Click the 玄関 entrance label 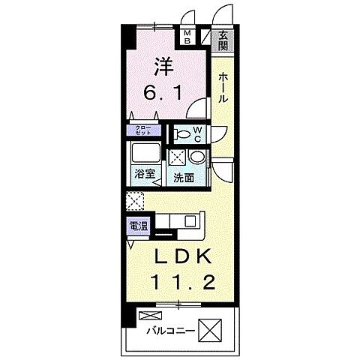[x=223, y=38]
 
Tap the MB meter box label [x=187, y=38]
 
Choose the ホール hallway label [x=223, y=87]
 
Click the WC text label [x=196, y=133]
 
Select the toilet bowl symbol [x=180, y=134]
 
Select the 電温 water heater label [x=137, y=225]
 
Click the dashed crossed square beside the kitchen [x=135, y=201]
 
